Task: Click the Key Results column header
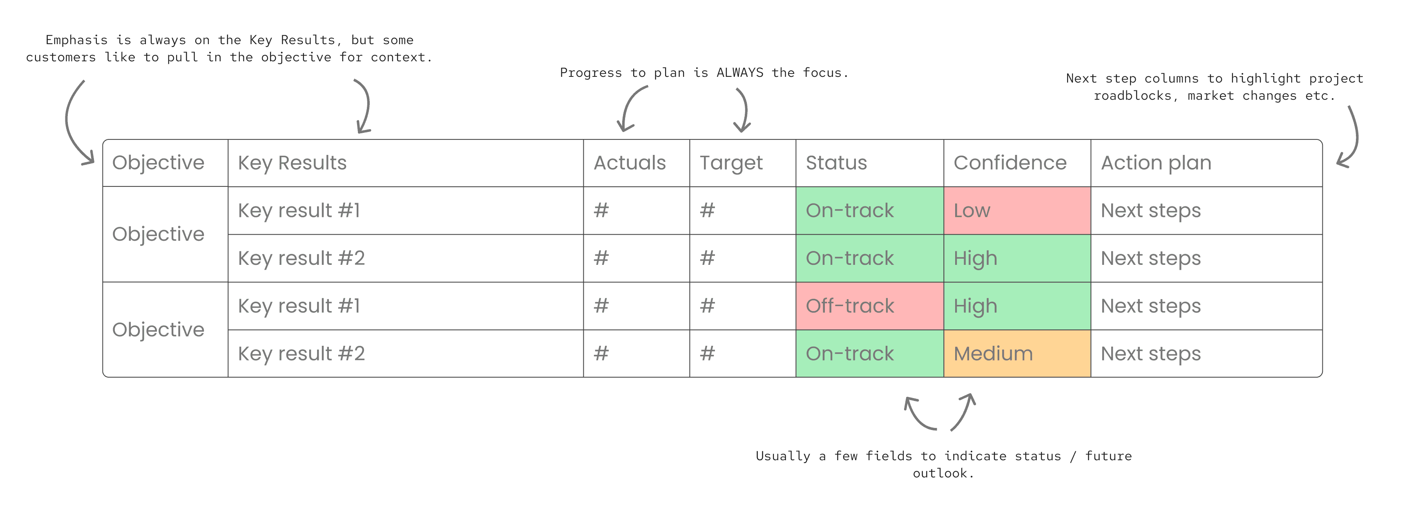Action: (x=292, y=163)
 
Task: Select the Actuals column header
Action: (x=630, y=163)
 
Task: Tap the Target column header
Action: (x=731, y=163)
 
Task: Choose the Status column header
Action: (x=836, y=163)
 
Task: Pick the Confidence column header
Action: (x=1010, y=163)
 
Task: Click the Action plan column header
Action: (x=1156, y=163)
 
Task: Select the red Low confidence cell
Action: (x=1017, y=211)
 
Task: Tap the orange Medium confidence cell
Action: (x=1017, y=354)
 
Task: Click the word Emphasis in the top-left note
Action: (x=76, y=40)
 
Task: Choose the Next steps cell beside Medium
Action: (x=1206, y=354)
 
